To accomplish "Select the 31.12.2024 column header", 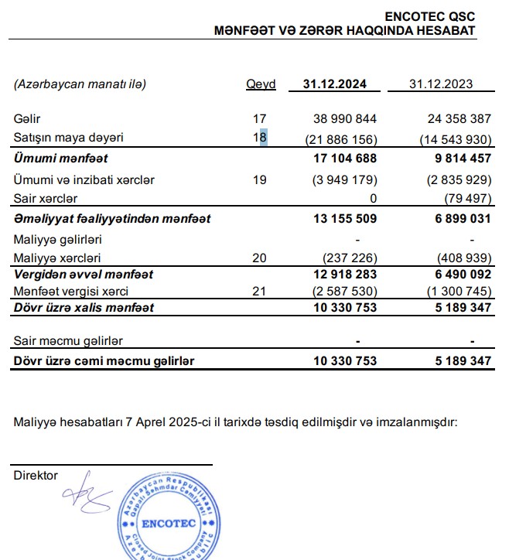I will [334, 84].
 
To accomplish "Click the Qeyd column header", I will [260, 84].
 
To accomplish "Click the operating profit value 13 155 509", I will [344, 219].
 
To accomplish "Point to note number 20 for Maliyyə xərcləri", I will [260, 258].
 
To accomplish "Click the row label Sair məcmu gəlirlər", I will [68, 340].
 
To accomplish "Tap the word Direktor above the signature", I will [36, 475].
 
